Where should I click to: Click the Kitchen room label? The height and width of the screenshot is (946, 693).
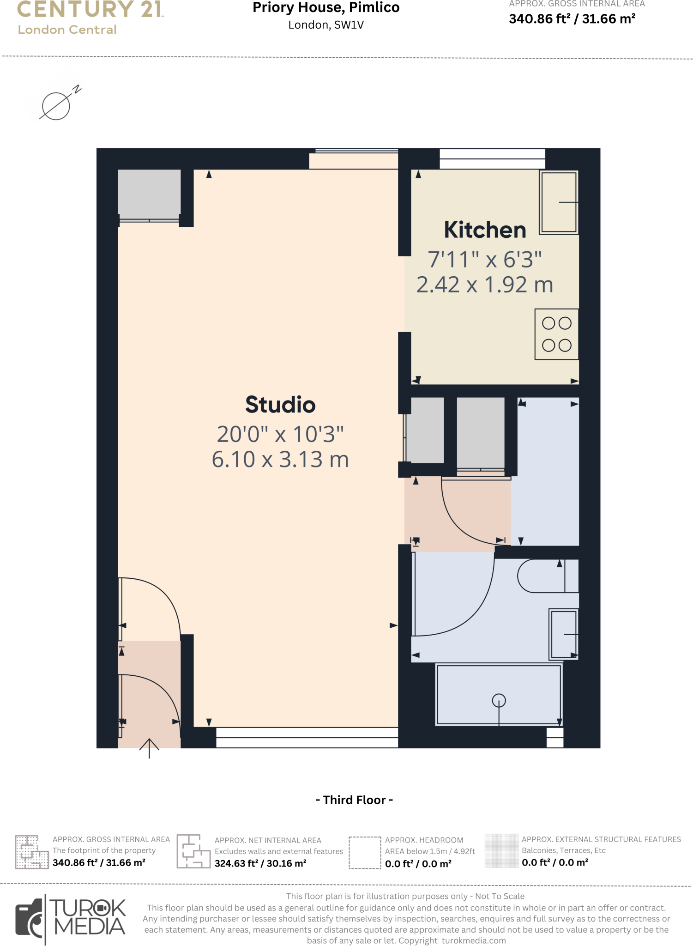pyautogui.click(x=485, y=230)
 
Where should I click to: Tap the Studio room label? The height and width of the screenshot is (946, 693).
pyautogui.click(x=280, y=405)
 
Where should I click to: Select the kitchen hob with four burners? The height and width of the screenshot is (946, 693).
pyautogui.click(x=556, y=334)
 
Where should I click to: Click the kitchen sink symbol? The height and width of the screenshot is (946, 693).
pyautogui.click(x=559, y=202)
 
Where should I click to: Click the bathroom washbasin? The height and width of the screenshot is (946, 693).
pyautogui.click(x=563, y=634)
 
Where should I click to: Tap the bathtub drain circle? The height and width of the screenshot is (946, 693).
pyautogui.click(x=499, y=701)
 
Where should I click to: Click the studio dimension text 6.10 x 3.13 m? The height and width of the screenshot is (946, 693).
pyautogui.click(x=280, y=460)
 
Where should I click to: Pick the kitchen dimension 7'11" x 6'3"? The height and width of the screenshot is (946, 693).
pyautogui.click(x=485, y=260)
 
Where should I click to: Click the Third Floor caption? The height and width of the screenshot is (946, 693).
pyautogui.click(x=354, y=800)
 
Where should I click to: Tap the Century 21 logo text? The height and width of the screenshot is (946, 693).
pyautogui.click(x=90, y=9)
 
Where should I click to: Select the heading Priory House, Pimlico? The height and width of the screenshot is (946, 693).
pyautogui.click(x=326, y=8)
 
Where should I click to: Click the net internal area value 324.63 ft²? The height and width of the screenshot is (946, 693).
pyautogui.click(x=260, y=863)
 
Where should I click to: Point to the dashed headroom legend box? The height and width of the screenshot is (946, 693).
pyautogui.click(x=365, y=853)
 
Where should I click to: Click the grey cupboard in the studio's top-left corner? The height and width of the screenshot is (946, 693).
pyautogui.click(x=149, y=192)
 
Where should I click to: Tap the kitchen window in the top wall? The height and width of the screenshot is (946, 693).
pyautogui.click(x=492, y=159)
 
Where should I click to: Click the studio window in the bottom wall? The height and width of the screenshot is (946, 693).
pyautogui.click(x=307, y=737)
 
